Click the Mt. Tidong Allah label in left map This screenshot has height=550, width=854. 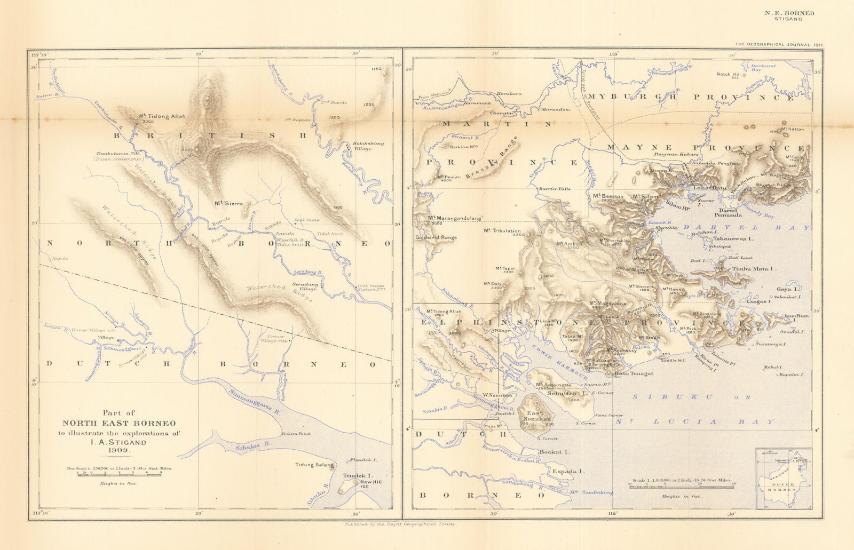click(x=162, y=116)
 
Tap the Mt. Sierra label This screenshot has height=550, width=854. click(x=228, y=203)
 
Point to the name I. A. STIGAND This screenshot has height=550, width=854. click(x=119, y=442)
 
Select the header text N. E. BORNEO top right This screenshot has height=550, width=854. click(x=789, y=13)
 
